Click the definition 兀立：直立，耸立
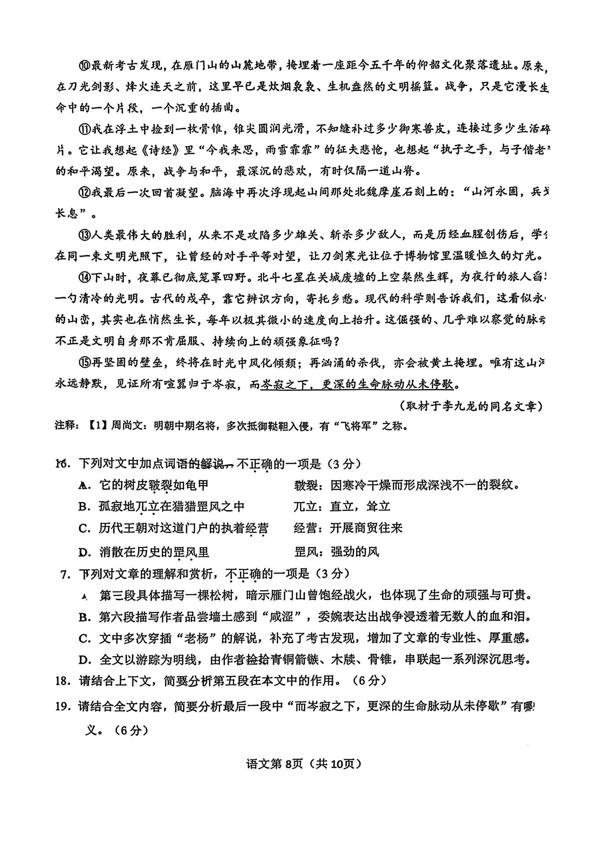[342, 506]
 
